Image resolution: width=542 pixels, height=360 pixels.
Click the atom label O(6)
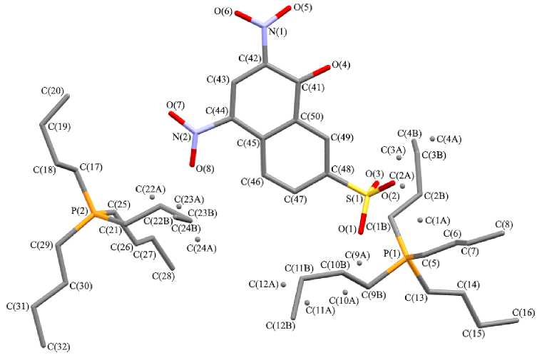click(245, 11)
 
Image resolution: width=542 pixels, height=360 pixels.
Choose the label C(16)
click(524, 312)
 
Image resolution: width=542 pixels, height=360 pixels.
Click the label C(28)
click(165, 274)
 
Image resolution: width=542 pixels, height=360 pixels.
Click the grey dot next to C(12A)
click(284, 284)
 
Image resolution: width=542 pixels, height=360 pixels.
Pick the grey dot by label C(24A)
click(198, 239)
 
